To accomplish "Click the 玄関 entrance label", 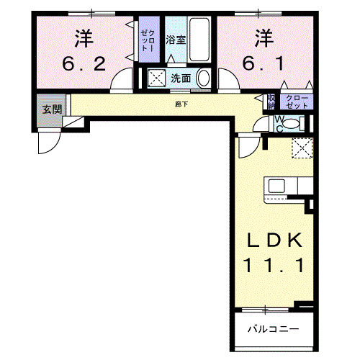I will [x=50, y=109].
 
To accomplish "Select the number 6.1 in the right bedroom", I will [x=264, y=63].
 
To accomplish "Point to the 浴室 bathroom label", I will [x=176, y=40].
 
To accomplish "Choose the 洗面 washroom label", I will [x=180, y=78].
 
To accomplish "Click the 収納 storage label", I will [x=271, y=102].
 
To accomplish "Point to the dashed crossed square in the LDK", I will [x=302, y=149].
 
